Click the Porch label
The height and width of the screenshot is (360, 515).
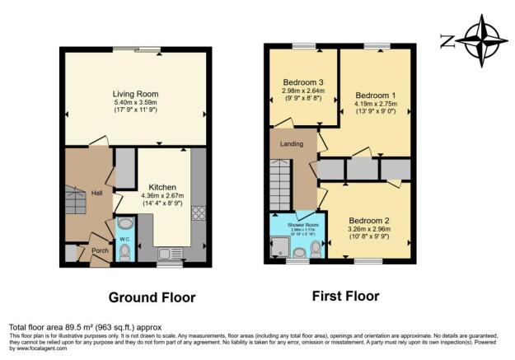pos(100,250)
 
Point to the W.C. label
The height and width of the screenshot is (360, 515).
pos(125,241)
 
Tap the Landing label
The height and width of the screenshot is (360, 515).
pos(291,144)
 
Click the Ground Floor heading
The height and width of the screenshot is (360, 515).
pos(152,297)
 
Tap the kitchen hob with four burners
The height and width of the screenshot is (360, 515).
pos(198,213)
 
